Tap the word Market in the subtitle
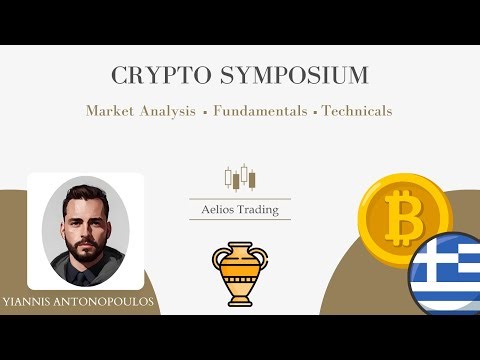pyautogui.click(x=113, y=110)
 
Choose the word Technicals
pyautogui.click(x=357, y=110)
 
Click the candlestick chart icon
pyautogui.click(x=240, y=178)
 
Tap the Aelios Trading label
pyautogui.click(x=240, y=209)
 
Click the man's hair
pyautogui.click(x=86, y=189)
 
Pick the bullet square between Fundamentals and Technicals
pyautogui.click(x=315, y=111)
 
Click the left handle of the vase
pyautogui.click(x=219, y=259)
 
